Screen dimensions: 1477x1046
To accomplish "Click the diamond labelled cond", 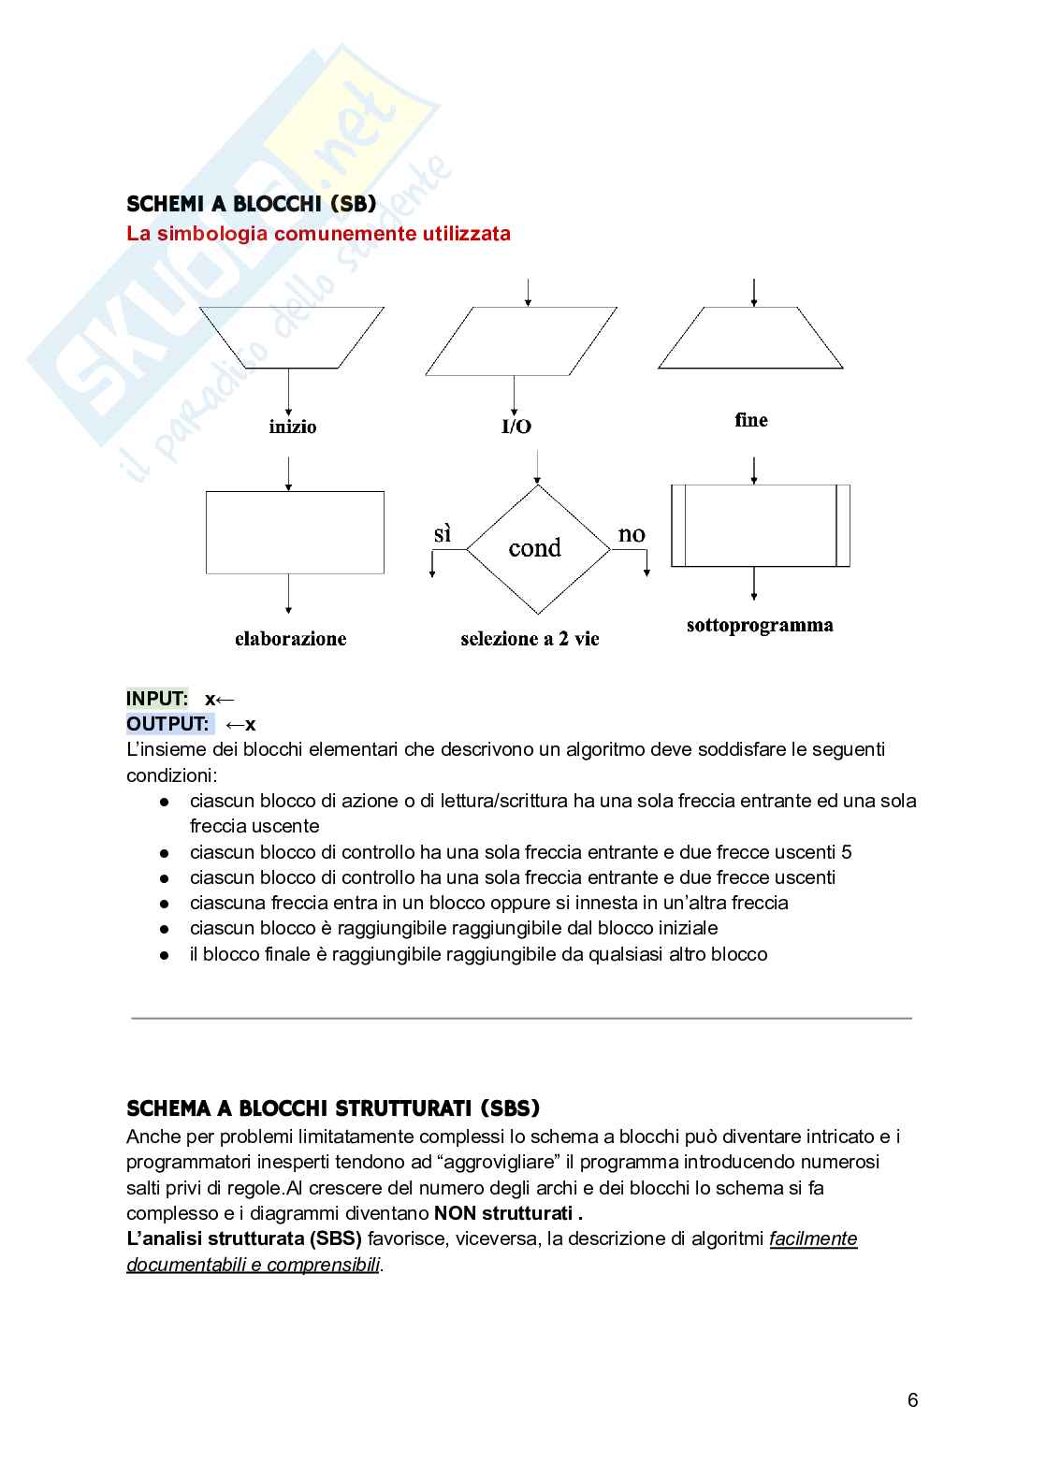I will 537,548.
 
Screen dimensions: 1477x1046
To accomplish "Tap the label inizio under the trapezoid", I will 293,427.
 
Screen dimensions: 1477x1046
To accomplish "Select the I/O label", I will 516,427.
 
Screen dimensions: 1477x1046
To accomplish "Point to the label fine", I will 751,420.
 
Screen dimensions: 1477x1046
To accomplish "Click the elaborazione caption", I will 290,639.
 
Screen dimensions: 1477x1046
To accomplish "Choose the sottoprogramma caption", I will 760,625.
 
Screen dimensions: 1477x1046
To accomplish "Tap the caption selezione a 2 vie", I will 530,639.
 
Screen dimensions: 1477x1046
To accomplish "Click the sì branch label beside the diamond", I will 443,534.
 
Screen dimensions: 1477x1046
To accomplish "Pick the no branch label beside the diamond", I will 632,534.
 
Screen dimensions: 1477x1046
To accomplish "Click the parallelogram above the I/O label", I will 521,340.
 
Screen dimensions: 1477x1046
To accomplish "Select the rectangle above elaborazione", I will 295,532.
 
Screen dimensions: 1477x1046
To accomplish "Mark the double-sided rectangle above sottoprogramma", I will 760,525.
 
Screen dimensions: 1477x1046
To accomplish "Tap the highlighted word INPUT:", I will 157,699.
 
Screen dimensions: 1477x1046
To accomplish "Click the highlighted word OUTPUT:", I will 168,724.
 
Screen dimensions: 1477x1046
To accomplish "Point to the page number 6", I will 912,1400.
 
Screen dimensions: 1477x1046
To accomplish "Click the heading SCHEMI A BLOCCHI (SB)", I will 251,204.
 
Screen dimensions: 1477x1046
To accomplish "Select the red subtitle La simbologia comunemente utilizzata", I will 318,234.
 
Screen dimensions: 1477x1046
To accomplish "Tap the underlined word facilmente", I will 813,1238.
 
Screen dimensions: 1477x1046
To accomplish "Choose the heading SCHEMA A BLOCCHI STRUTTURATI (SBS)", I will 333,1108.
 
